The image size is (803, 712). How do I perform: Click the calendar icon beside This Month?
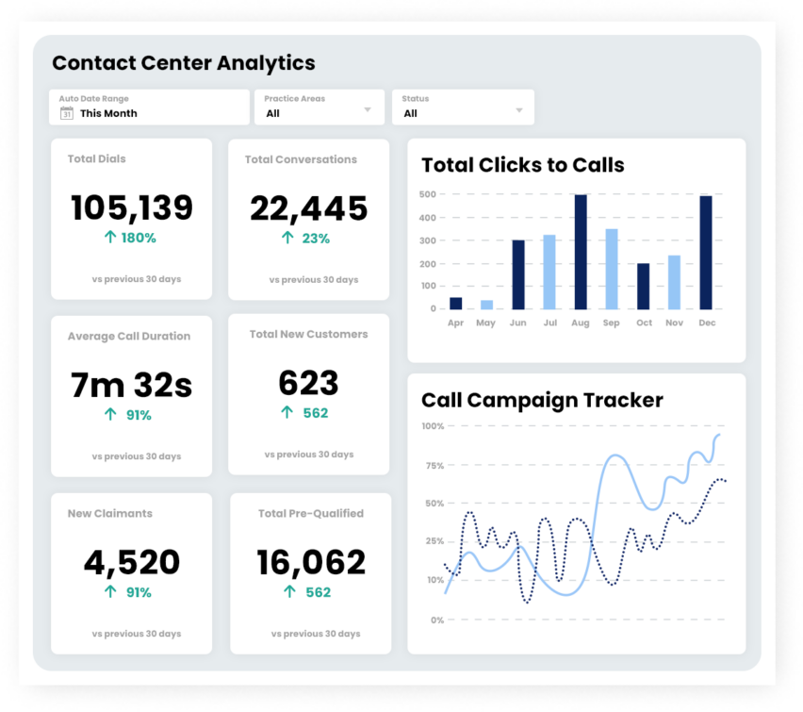click(x=67, y=113)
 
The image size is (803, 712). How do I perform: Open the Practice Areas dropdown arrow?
click(x=368, y=109)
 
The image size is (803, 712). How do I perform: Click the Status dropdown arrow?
click(x=518, y=110)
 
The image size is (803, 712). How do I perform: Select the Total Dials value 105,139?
click(x=132, y=208)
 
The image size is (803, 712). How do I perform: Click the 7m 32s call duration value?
click(x=131, y=385)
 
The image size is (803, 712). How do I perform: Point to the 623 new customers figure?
click(x=308, y=383)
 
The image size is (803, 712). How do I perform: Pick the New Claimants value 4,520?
click(x=132, y=562)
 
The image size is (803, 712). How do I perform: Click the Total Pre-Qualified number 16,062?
click(x=311, y=562)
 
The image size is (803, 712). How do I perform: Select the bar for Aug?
click(x=581, y=252)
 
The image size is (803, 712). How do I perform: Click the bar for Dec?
click(x=706, y=253)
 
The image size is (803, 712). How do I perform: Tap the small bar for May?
click(x=486, y=305)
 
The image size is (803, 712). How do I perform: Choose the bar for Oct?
click(x=643, y=287)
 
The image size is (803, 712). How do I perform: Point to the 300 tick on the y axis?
click(x=428, y=240)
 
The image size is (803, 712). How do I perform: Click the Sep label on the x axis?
click(x=611, y=323)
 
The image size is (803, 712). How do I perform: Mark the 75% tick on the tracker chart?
click(x=434, y=466)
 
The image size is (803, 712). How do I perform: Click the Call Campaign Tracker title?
click(x=542, y=401)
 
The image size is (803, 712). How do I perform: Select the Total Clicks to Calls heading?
click(x=523, y=165)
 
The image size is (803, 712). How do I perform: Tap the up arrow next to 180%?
click(x=110, y=237)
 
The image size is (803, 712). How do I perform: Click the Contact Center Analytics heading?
click(x=184, y=63)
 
